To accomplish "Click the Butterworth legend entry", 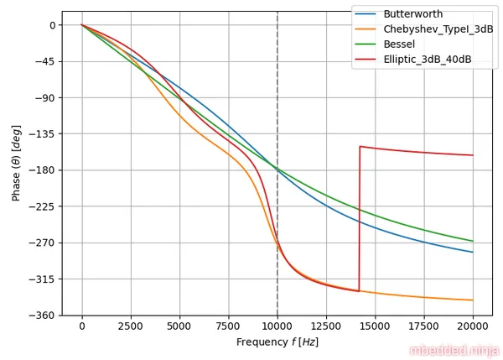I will tap(412, 14).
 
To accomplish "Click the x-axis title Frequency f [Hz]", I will tap(277, 342).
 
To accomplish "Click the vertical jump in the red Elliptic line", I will tap(360, 218).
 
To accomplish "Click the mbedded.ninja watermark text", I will tap(454, 350).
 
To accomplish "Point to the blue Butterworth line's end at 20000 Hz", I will tap(473, 252).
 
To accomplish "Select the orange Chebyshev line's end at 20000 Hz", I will tap(473, 300).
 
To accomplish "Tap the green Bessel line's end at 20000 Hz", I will tap(473, 241).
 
